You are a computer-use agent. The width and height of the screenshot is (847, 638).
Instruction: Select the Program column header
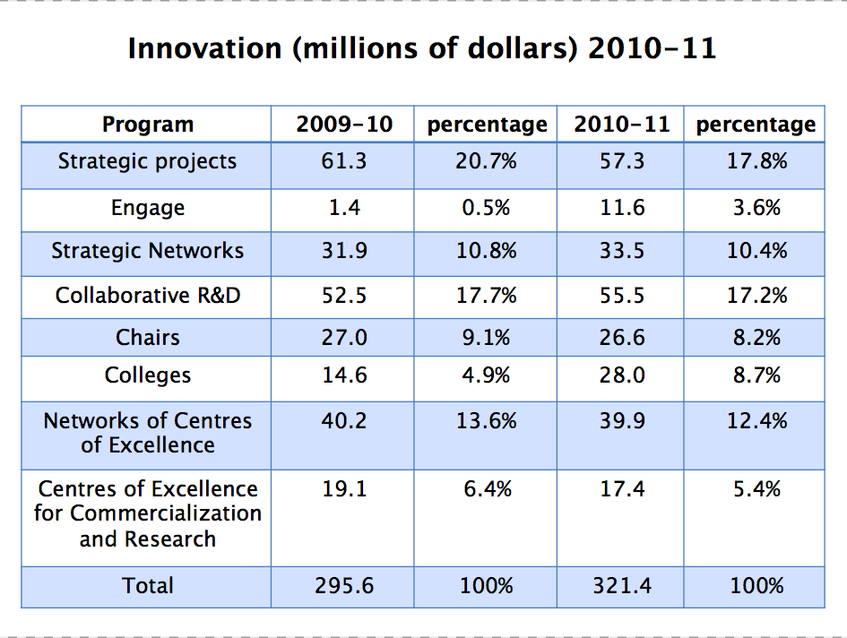148,125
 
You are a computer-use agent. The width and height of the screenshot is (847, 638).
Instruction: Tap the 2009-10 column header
344,125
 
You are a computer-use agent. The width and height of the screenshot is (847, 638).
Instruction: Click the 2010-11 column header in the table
622,125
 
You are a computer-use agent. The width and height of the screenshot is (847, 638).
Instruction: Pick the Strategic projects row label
148,161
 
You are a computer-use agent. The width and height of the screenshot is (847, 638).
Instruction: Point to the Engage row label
148,208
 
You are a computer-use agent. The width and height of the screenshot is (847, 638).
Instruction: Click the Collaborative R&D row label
148,295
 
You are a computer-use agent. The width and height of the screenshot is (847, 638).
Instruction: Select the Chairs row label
148,338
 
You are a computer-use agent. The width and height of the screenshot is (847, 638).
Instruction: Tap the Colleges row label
148,375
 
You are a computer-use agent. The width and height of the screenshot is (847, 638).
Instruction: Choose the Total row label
148,586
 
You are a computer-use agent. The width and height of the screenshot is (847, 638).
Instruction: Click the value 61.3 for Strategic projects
344,161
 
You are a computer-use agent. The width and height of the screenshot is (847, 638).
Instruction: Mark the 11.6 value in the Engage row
622,208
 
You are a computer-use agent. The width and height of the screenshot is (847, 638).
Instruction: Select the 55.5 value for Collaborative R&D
622,295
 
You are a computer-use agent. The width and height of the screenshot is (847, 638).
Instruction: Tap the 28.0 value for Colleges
622,375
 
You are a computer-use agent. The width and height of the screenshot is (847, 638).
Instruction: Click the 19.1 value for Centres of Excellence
344,489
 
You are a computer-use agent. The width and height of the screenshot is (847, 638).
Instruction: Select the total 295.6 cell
344,586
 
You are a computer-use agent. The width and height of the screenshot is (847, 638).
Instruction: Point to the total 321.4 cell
622,586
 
